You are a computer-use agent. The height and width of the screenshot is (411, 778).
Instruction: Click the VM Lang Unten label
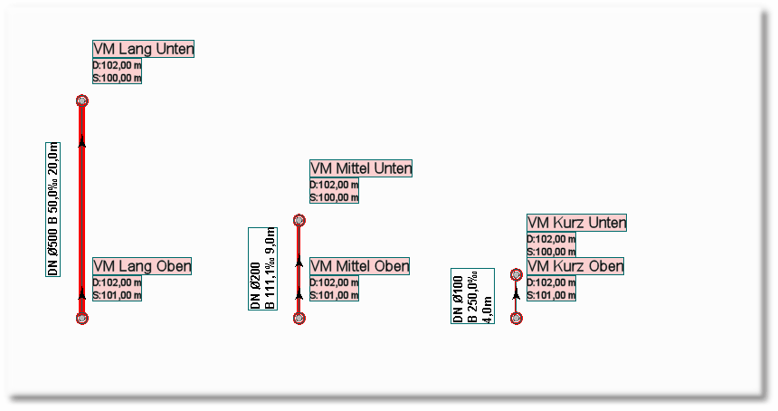[144, 49]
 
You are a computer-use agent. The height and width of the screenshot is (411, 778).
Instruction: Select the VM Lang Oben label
[142, 266]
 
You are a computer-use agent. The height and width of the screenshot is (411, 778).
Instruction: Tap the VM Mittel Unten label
[361, 168]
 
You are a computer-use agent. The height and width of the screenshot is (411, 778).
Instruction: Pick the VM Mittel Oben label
[359, 266]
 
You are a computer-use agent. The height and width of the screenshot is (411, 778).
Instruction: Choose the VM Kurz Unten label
[577, 223]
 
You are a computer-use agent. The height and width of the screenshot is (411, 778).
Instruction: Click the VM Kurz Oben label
[575, 266]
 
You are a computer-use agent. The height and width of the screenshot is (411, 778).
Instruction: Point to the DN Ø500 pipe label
[54, 208]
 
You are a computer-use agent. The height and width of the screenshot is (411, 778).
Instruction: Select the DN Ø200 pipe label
[262, 269]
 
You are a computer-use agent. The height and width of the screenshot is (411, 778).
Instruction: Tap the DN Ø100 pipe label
[472, 296]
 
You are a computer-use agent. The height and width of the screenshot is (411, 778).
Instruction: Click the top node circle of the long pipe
[82, 100]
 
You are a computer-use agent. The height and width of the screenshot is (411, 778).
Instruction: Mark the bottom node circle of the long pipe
[82, 318]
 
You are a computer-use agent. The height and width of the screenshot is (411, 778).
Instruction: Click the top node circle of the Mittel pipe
[299, 220]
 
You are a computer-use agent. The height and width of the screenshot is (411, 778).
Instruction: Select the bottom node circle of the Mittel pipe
[299, 318]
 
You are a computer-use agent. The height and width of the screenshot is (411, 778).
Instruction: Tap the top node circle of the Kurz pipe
[517, 274]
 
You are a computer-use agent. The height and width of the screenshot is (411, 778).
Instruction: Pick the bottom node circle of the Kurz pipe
[517, 318]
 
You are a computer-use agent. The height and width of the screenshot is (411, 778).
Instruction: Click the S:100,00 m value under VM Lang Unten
[118, 78]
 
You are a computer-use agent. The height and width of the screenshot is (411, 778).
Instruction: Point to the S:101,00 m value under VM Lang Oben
[118, 295]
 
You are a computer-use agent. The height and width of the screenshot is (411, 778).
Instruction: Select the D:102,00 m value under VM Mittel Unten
[335, 185]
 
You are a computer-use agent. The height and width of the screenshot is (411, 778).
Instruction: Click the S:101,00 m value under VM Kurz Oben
[552, 295]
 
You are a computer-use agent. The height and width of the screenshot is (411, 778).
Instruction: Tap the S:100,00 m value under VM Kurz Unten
[552, 252]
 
